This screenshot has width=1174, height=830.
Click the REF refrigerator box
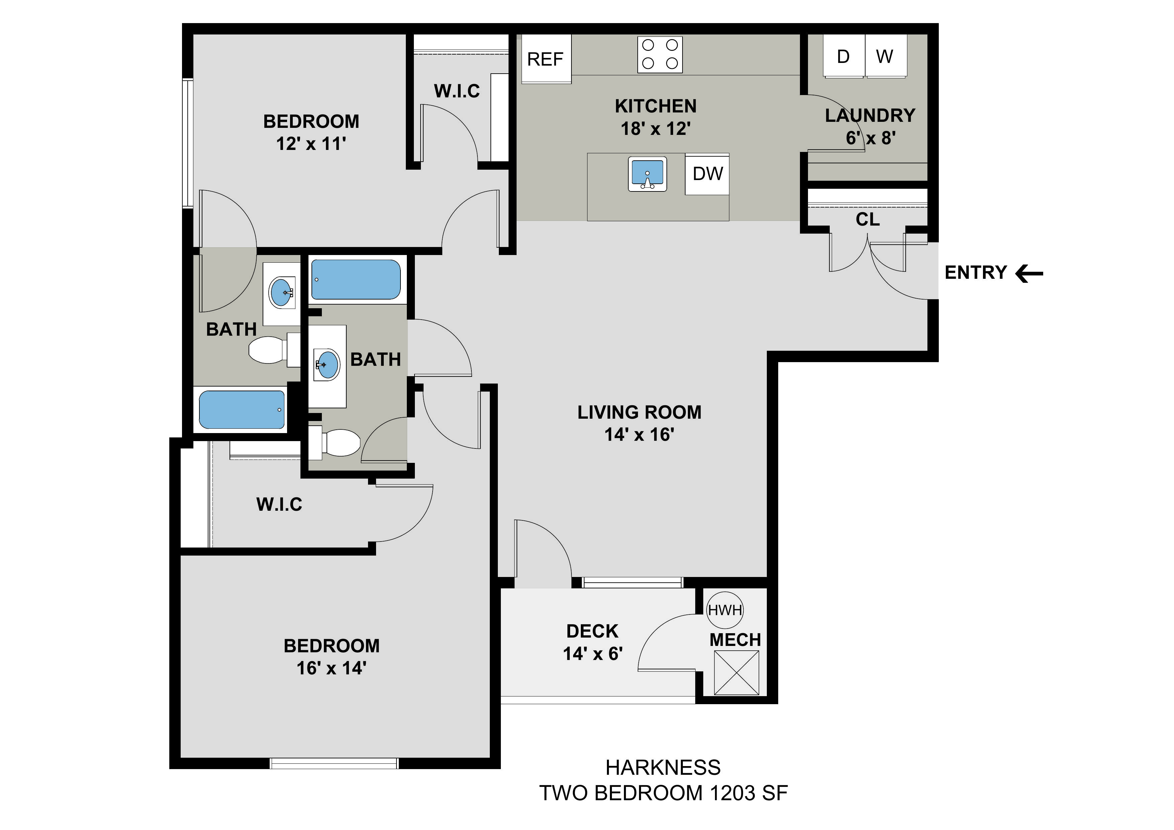(x=545, y=59)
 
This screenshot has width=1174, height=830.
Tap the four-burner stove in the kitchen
(x=660, y=54)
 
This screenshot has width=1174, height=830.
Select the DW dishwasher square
(x=707, y=174)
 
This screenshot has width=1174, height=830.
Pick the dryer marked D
(x=843, y=56)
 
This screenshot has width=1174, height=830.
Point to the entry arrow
(x=1029, y=273)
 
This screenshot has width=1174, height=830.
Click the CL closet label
(x=868, y=220)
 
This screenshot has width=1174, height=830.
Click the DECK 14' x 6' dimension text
(x=593, y=654)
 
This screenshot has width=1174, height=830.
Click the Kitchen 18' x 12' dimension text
(x=655, y=129)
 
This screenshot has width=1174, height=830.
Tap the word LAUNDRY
(x=870, y=115)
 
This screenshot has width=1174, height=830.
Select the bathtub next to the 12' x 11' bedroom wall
(x=356, y=279)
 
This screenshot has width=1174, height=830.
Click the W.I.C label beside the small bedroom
(x=457, y=91)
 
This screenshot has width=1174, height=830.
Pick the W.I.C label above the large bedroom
(x=279, y=504)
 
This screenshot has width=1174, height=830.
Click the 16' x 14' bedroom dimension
(x=331, y=668)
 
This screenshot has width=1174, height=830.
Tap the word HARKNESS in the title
(x=663, y=768)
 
